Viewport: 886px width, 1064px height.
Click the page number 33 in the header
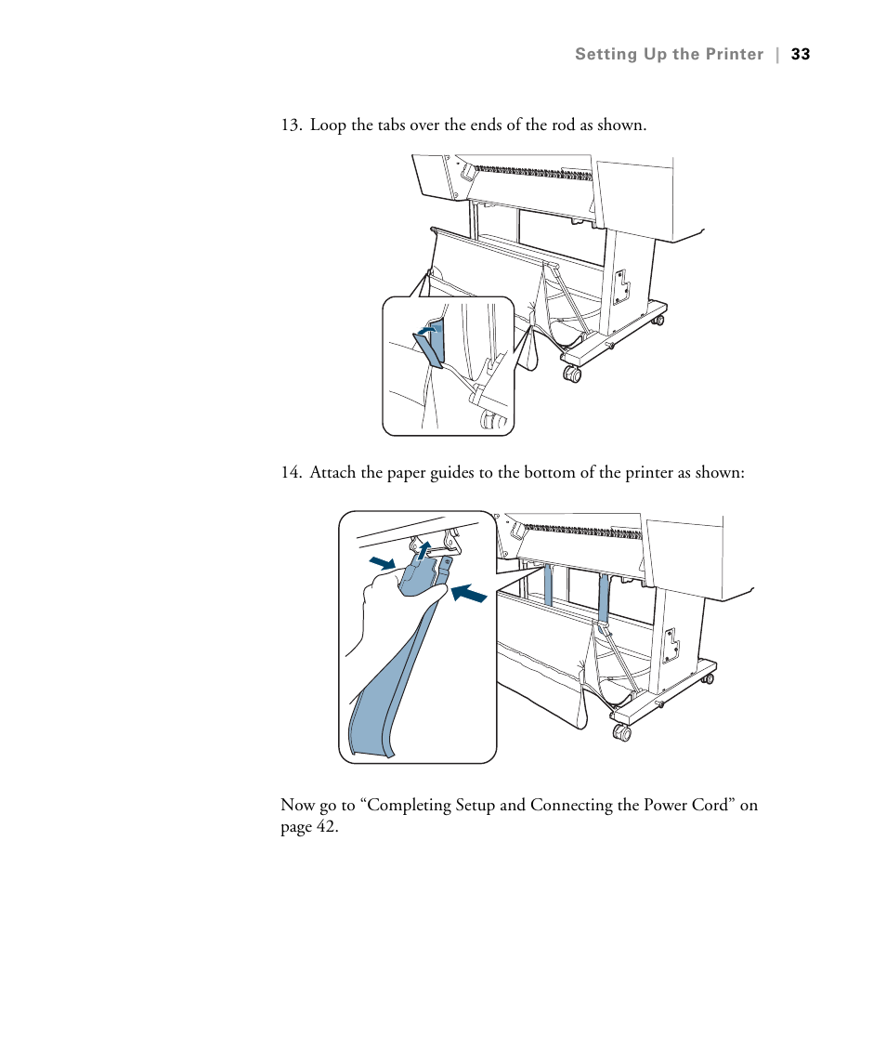[801, 54]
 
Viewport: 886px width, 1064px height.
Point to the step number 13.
[291, 125]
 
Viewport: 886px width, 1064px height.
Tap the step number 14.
[291, 473]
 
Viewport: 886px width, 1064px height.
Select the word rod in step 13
[564, 125]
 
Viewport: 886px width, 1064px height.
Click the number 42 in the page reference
[324, 827]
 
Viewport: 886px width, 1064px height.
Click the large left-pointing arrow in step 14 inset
[469, 592]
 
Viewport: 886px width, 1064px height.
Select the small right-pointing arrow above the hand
[381, 563]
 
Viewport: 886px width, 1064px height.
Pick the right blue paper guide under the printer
[604, 598]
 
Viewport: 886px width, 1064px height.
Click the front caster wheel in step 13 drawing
[572, 374]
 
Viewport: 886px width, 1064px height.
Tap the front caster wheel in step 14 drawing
[622, 732]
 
